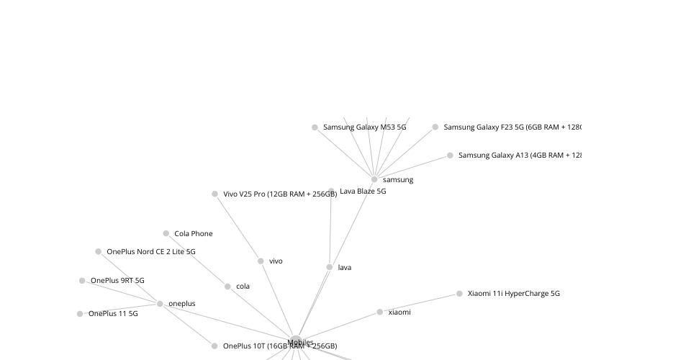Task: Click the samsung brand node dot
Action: [x=374, y=179]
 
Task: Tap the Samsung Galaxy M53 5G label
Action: [x=364, y=127]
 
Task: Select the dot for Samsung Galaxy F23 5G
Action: [x=435, y=127]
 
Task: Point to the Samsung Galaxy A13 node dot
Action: [x=451, y=156]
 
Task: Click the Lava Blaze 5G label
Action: [x=363, y=192]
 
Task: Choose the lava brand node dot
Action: [x=330, y=267]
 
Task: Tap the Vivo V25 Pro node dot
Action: [x=214, y=194]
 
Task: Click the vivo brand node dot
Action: [x=261, y=261]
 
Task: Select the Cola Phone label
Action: [x=194, y=234]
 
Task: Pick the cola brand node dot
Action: [x=227, y=287]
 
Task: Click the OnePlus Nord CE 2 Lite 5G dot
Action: [x=99, y=252]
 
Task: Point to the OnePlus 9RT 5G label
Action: [x=117, y=281]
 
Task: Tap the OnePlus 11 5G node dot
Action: [x=80, y=314]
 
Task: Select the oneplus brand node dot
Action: [x=160, y=304]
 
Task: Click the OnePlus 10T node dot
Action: [x=214, y=346]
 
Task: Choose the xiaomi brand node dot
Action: [x=380, y=312]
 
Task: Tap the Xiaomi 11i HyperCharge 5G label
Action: [x=513, y=294]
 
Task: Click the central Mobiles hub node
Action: [x=296, y=342]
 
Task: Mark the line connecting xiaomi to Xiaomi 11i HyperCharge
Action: [x=420, y=303]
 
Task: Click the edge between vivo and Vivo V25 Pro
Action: [x=238, y=228]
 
